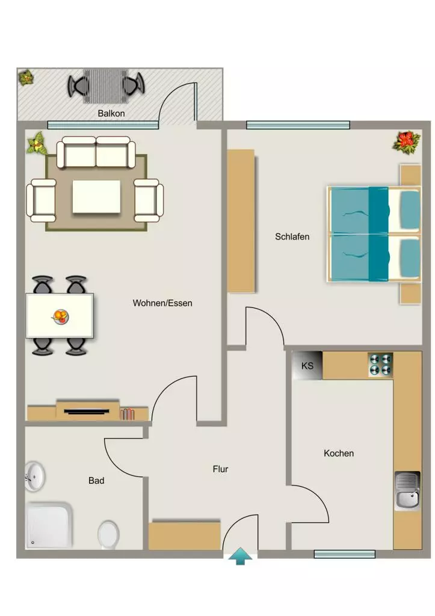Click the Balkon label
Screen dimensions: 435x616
[x=111, y=114]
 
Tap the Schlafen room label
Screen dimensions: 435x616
[x=292, y=237]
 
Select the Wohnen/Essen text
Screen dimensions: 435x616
[x=162, y=303]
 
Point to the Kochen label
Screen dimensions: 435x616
[x=339, y=454]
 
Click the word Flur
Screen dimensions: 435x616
[x=220, y=469]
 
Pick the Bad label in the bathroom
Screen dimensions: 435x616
[x=96, y=481]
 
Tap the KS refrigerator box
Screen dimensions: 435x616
[x=307, y=366]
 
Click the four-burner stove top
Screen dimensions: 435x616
[x=380, y=365]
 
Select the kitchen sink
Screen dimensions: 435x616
[x=407, y=491]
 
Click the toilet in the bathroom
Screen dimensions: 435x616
[x=108, y=535]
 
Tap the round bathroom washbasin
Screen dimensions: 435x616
[x=34, y=477]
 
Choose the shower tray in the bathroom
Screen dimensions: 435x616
[x=49, y=525]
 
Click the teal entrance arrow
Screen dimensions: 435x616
[x=241, y=556]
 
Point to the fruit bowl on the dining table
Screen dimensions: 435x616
[x=61, y=316]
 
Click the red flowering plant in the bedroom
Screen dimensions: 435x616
[x=407, y=142]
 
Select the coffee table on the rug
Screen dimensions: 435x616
[x=96, y=197]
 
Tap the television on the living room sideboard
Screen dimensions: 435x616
[x=87, y=411]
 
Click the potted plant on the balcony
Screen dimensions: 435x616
[x=26, y=78]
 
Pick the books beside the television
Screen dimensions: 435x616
[x=127, y=414]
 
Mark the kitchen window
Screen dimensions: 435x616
[x=345, y=554]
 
